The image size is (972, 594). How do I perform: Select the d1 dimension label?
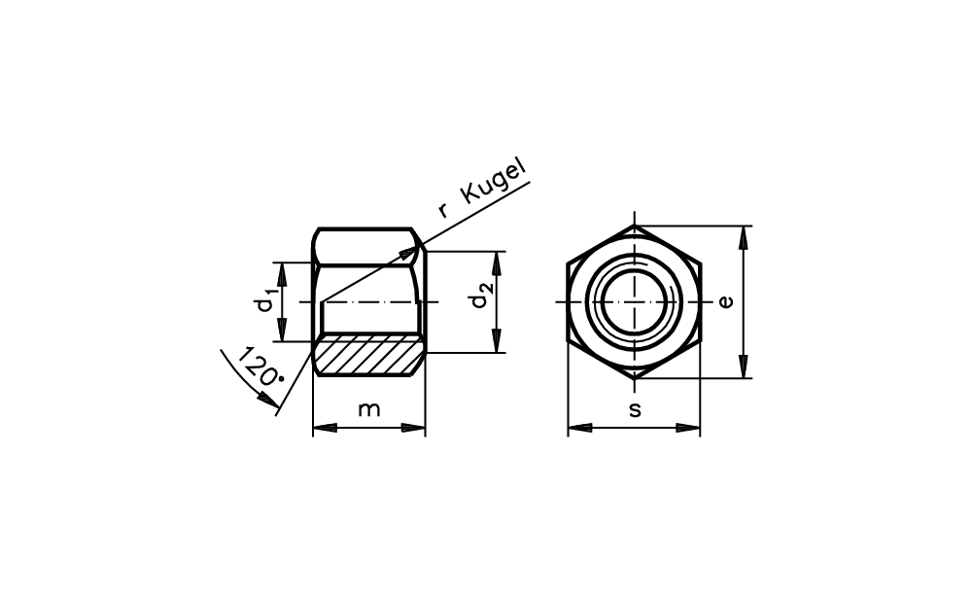tap(266, 301)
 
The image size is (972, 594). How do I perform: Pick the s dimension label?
tap(634, 409)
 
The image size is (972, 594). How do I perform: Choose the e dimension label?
tap(725, 302)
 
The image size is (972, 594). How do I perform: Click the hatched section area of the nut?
tap(368, 355)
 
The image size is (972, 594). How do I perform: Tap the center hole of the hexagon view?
tap(634, 302)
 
